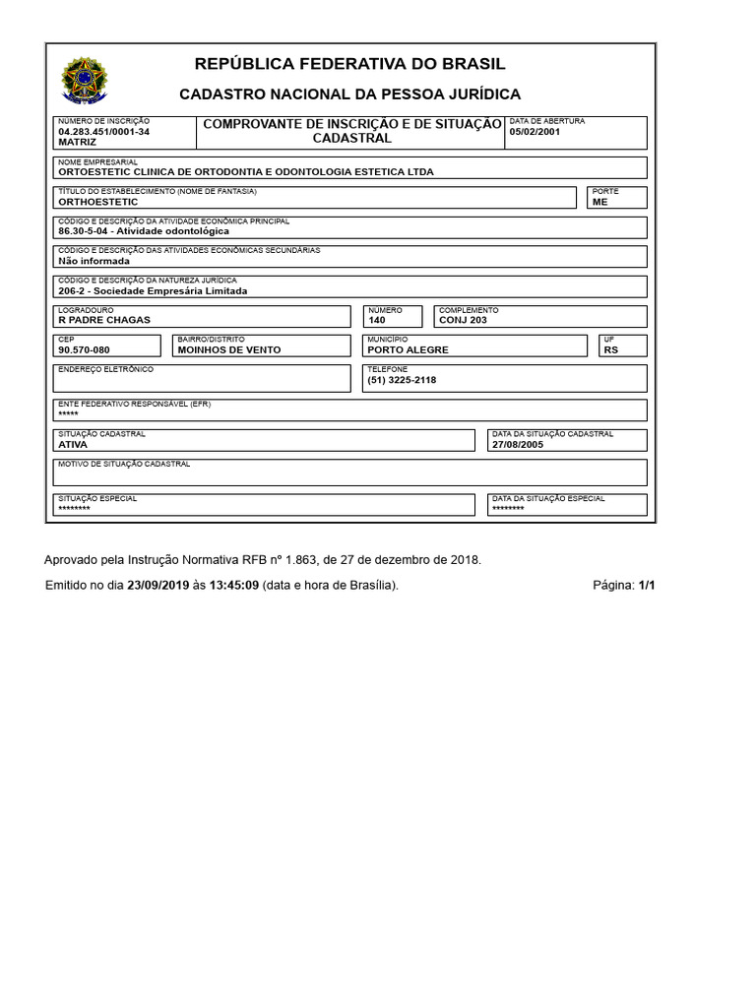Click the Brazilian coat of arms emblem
[x=85, y=80]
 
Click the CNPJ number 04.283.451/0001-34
[x=104, y=131]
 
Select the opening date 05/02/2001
[x=535, y=131]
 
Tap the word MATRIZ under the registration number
[x=78, y=142]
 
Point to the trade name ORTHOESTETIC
[x=98, y=201]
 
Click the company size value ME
[x=599, y=201]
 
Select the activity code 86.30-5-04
[x=84, y=231]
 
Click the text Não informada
[x=94, y=261]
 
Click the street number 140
[x=377, y=320]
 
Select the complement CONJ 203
[x=463, y=320]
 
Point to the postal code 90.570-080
[x=84, y=349]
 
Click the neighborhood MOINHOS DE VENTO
[x=229, y=349]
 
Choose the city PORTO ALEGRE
[x=408, y=349]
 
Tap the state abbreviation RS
[x=610, y=349]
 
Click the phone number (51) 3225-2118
[x=402, y=380]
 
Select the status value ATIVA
[x=73, y=444]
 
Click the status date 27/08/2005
[x=518, y=444]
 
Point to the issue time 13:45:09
[x=233, y=585]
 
